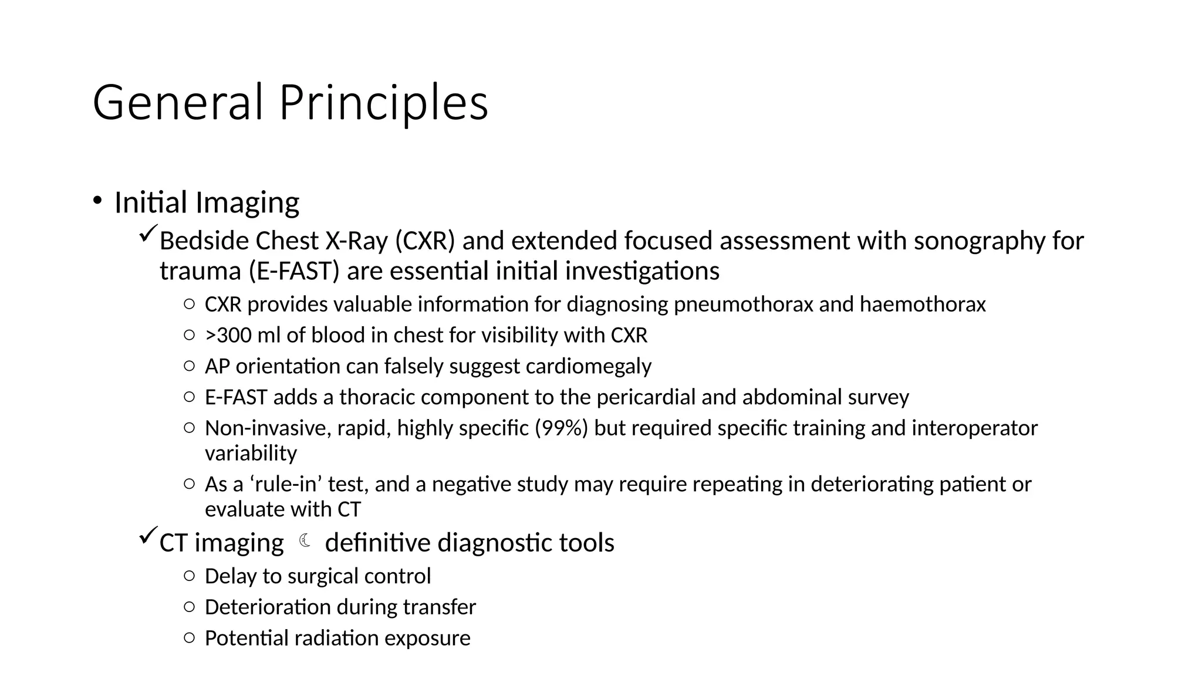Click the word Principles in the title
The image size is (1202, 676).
383,103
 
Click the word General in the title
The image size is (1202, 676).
177,103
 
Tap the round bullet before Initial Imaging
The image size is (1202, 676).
97,200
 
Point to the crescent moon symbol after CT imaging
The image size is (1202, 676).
305,541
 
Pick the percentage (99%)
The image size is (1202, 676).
561,428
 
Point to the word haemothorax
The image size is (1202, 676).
923,305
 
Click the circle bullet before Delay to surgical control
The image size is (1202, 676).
189,576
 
